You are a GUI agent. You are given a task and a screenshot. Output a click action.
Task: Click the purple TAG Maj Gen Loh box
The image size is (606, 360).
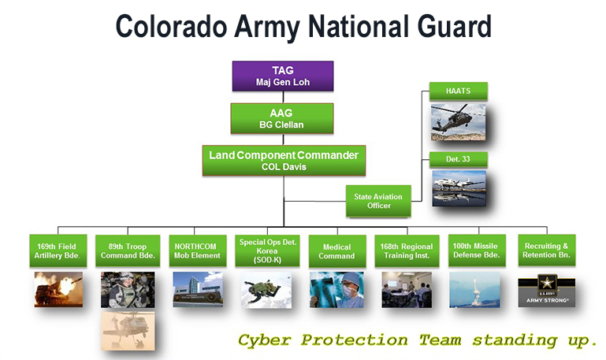pos(283,76)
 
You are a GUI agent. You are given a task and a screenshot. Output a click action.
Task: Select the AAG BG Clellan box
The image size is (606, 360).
pos(283,118)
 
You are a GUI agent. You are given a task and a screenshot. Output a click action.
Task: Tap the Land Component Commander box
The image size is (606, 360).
pos(283,160)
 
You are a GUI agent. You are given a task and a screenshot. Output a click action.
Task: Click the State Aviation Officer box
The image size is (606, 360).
pos(379,201)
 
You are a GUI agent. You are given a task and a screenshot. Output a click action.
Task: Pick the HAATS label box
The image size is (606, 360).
pos(459,92)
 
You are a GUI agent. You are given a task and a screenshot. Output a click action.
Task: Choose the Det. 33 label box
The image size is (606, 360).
pos(459,160)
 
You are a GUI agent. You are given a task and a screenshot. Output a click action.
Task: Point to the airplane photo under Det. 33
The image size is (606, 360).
pos(459,188)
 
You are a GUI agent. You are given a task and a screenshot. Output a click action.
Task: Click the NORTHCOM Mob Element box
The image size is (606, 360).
pos(196,251)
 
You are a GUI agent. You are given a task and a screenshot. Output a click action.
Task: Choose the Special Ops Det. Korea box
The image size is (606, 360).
pos(264,251)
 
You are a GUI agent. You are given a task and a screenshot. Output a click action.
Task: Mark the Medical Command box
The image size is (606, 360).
pos(336,251)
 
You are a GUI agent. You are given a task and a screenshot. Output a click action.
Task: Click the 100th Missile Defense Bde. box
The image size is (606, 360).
pos(475,251)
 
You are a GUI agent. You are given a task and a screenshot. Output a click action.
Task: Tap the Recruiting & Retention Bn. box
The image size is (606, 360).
pos(546,251)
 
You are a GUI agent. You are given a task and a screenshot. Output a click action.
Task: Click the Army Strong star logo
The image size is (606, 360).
pos(546,289)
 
